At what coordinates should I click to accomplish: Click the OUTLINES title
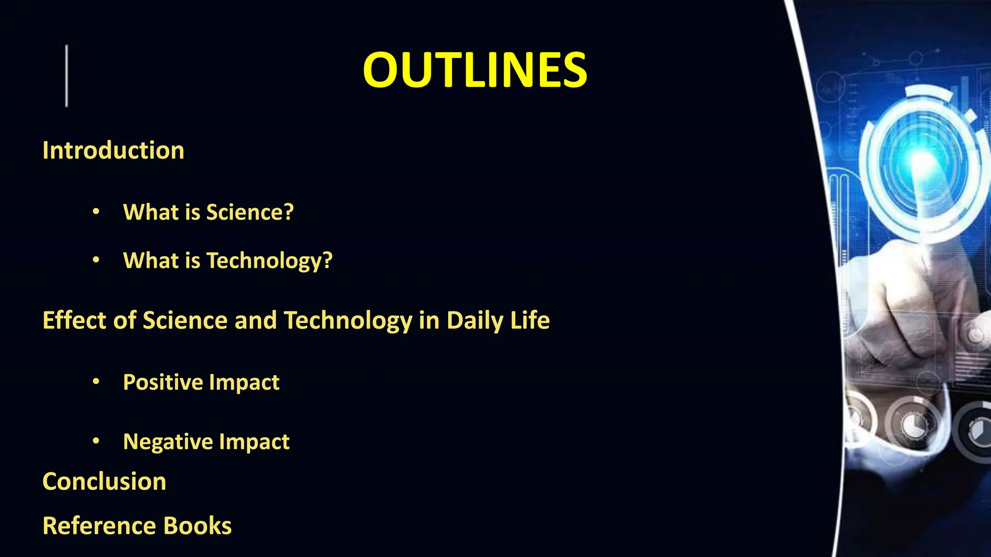(x=475, y=71)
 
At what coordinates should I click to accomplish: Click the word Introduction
(x=113, y=150)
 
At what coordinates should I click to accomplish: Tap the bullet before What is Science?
(x=96, y=212)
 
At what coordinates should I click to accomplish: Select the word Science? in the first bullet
(x=250, y=212)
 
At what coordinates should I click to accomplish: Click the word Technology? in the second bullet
(x=270, y=261)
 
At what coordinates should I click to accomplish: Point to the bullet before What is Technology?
(x=96, y=260)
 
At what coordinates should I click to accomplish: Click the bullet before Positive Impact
(x=96, y=382)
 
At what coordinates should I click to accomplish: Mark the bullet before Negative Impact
(x=96, y=441)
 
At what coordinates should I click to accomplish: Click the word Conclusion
(x=105, y=482)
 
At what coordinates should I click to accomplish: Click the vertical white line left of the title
(x=67, y=76)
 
